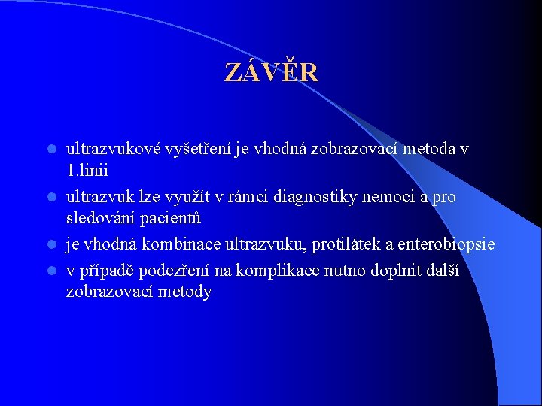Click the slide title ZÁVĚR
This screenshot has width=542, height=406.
pyautogui.click(x=271, y=72)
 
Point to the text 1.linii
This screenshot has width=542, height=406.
pyautogui.click(x=87, y=171)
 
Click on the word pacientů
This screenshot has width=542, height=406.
pyautogui.click(x=177, y=219)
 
